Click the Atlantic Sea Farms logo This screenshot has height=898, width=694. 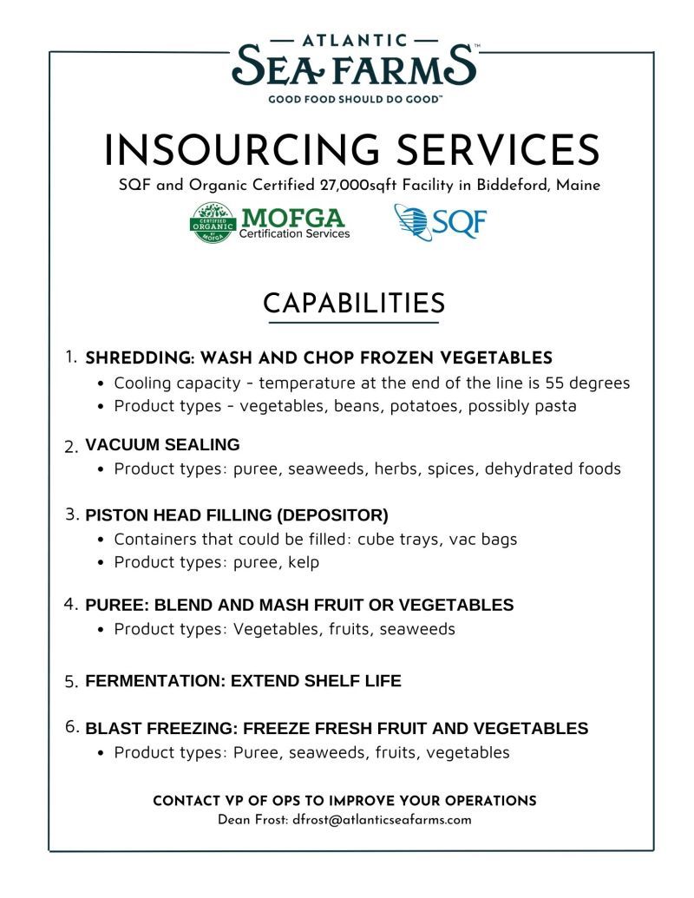(355, 64)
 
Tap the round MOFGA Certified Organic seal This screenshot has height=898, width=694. (212, 223)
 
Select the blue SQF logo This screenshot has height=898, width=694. (440, 222)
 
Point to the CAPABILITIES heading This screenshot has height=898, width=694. (354, 303)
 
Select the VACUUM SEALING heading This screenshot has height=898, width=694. (162, 445)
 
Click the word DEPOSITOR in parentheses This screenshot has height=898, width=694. (334, 515)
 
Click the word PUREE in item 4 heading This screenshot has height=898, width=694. (111, 605)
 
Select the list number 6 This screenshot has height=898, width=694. (72, 727)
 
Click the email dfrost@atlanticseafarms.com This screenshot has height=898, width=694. (382, 819)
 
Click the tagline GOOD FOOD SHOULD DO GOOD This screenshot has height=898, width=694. (355, 99)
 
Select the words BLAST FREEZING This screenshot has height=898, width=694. (160, 728)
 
